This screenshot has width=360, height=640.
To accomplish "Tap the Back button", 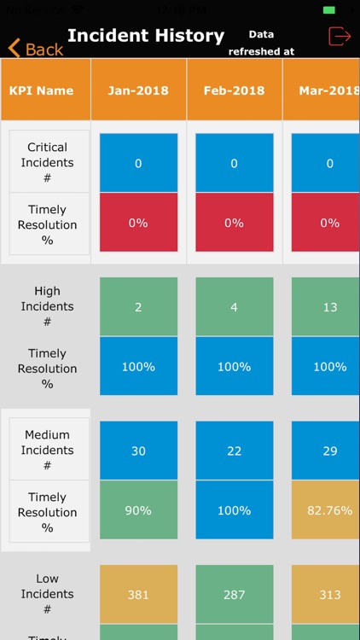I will pos(36,49).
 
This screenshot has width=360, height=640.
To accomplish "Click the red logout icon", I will pos(340,36).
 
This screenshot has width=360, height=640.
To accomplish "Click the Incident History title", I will pos(146,36).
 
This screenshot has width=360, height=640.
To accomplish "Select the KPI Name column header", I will pos(41,90).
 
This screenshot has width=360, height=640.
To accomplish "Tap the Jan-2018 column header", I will pos(138,90).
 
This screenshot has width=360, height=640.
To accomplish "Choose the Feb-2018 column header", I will pos(234,90).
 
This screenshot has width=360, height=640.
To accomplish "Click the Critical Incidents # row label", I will pos(49,162).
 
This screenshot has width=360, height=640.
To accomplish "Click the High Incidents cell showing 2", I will pos(138,306).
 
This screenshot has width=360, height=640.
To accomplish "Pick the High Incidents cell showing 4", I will pos(234,306).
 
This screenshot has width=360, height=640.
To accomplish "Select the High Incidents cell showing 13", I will pos(329,306).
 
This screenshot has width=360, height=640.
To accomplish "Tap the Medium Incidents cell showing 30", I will pos(138,450).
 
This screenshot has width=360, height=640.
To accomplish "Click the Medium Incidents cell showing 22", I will pos(234,450).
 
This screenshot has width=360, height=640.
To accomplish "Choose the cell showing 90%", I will pos(138,510).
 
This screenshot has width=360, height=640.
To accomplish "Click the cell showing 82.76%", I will pos(329,510).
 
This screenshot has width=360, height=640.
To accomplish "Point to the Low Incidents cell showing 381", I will pos(138,595).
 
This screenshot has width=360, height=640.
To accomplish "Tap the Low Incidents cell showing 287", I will pos(234,595).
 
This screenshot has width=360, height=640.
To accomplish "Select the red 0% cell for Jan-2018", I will pos(138,223).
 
